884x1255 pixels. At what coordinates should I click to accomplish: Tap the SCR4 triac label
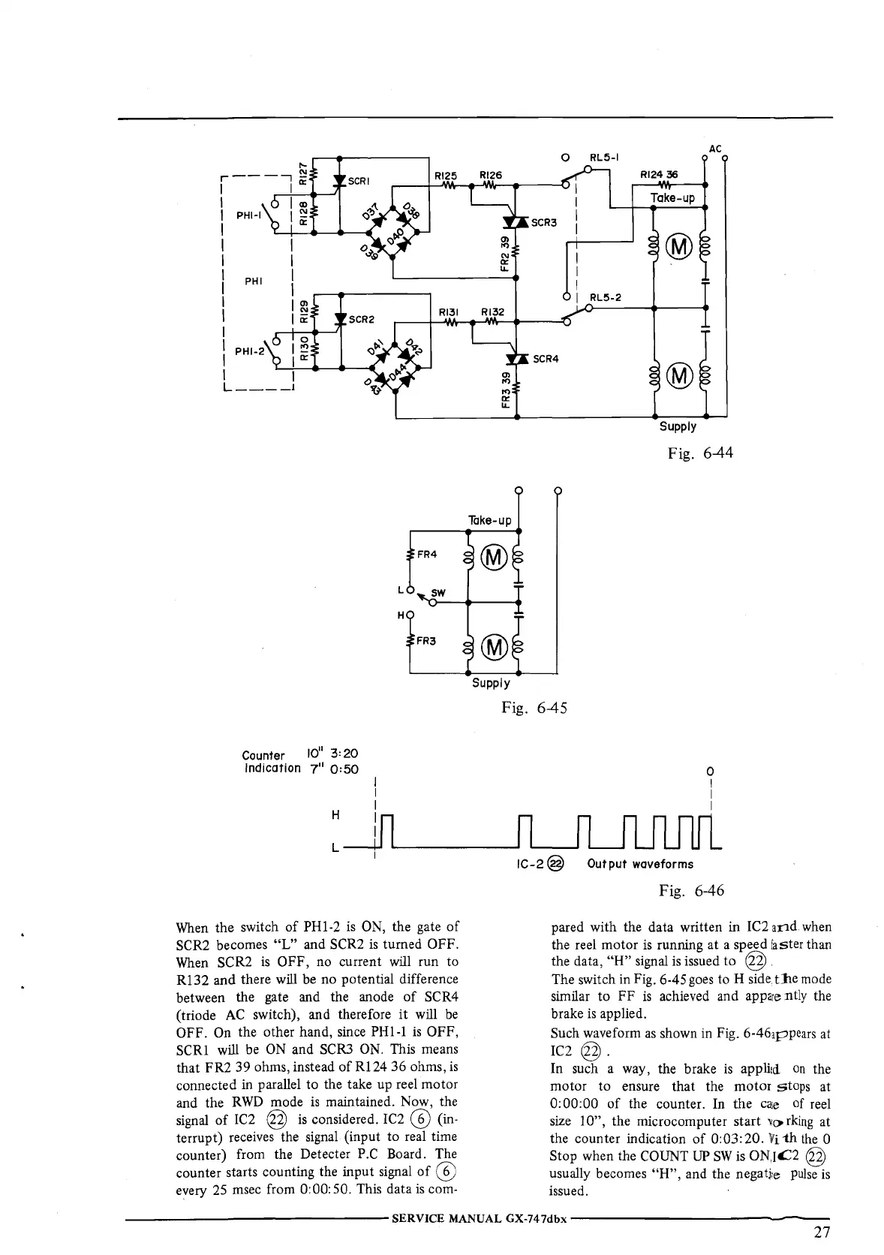click(x=546, y=359)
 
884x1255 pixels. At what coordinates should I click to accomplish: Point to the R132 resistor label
click(x=492, y=311)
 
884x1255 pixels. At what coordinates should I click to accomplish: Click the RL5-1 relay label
click(x=606, y=158)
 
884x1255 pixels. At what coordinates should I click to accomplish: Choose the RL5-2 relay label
click(x=606, y=296)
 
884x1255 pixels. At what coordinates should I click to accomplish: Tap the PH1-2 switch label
click(x=249, y=351)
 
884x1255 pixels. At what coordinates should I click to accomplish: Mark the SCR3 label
click(x=546, y=223)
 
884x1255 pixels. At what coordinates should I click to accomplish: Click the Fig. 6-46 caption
click(x=691, y=891)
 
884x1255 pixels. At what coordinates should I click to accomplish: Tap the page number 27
click(x=822, y=1232)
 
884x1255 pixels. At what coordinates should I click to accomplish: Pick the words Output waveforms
click(x=640, y=864)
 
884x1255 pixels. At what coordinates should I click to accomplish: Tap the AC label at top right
click(x=714, y=149)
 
